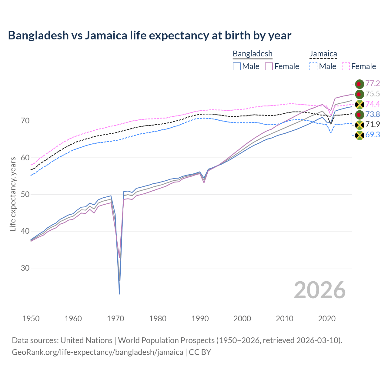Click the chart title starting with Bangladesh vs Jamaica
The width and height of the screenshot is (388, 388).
[x=149, y=35]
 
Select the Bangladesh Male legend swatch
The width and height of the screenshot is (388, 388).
[x=237, y=66]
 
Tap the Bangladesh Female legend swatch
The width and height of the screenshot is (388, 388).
[x=269, y=66]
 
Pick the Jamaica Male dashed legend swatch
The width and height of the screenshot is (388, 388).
[x=313, y=66]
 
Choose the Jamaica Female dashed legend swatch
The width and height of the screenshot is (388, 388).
[x=346, y=66]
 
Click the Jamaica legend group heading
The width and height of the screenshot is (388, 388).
[x=323, y=54]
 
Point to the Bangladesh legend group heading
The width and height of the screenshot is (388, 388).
[x=253, y=54]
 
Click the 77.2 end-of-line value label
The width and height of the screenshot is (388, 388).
[x=373, y=84]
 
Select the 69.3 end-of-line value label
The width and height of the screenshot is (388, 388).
[x=373, y=135]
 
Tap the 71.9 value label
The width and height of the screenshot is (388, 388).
[x=373, y=125]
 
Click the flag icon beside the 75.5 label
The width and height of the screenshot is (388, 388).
[x=360, y=94]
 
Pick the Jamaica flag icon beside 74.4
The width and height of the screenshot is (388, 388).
[x=360, y=104]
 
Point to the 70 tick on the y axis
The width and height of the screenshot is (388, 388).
[x=25, y=121]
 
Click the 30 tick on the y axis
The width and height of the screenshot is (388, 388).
[x=25, y=268]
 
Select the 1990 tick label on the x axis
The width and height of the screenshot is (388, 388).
[x=200, y=319]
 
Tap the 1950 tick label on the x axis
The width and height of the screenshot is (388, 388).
[x=31, y=319]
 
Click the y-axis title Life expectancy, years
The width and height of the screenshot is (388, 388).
[x=13, y=194]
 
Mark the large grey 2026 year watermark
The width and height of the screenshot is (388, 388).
[x=319, y=290]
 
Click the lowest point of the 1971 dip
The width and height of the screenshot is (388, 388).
[x=119, y=294]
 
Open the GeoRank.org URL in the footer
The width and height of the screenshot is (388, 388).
[x=97, y=352]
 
